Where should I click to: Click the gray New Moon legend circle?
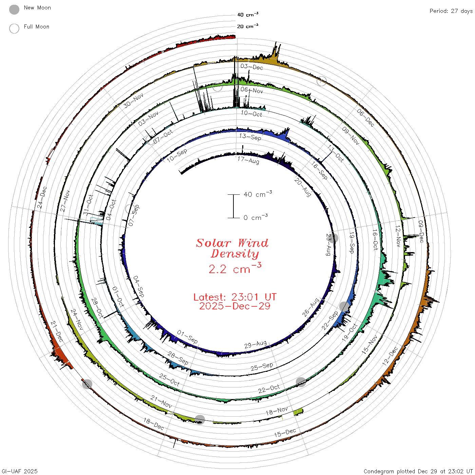pos(14,9)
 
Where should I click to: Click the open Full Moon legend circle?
pos(14,28)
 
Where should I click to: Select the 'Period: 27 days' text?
pos(451,11)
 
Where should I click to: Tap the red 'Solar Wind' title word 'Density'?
pos(235,254)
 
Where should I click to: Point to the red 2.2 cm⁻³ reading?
pos(235,268)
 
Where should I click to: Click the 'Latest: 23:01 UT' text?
pos(235,297)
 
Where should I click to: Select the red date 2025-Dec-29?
pos(235,306)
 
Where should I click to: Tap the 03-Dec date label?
pos(252,66)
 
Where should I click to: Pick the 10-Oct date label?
pos(251,113)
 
